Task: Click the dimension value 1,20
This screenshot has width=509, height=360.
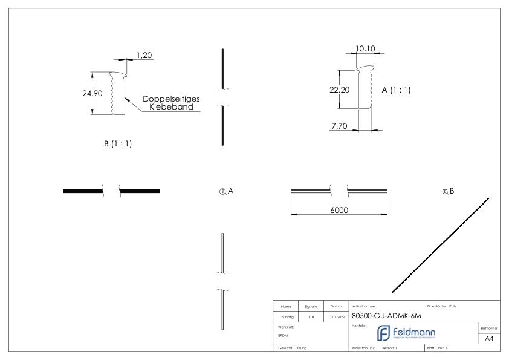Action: tap(144, 55)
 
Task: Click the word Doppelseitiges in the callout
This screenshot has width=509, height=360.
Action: tap(171, 99)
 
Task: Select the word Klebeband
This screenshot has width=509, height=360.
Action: tap(172, 107)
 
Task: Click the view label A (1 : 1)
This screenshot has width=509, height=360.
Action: tap(396, 89)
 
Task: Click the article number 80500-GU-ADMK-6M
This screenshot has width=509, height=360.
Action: tap(386, 316)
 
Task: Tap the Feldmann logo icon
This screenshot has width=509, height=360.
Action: tap(384, 333)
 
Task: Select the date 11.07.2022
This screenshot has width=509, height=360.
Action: tap(336, 317)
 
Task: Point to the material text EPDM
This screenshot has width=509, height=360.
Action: tap(284, 335)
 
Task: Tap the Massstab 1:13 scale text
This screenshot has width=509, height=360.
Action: tap(365, 349)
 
